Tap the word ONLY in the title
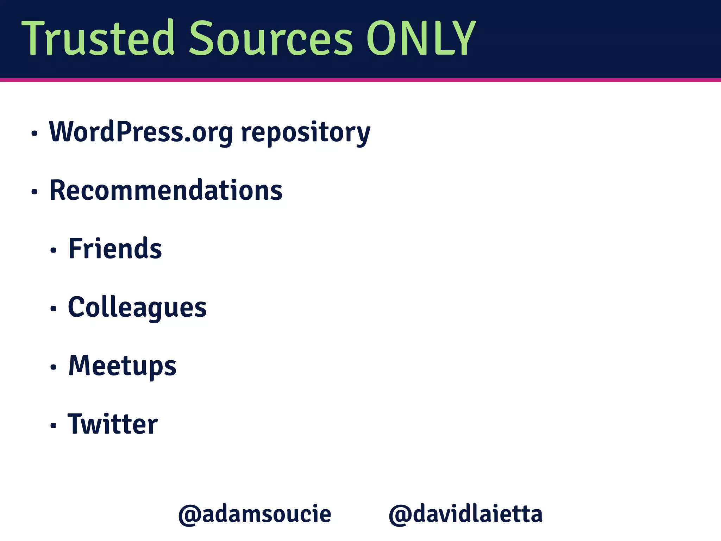(x=421, y=38)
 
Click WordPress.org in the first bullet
(x=141, y=132)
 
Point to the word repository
(x=306, y=133)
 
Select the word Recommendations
(x=166, y=190)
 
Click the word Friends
(x=115, y=249)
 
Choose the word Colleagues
(x=137, y=308)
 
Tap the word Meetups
(x=122, y=366)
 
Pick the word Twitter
(x=113, y=424)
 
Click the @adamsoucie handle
(x=255, y=514)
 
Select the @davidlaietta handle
(x=465, y=514)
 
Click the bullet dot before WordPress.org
(x=34, y=133)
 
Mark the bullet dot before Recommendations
(x=34, y=192)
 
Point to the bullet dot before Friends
(x=53, y=250)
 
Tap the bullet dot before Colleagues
(x=53, y=309)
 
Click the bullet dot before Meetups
(x=53, y=367)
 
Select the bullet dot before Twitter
(x=53, y=425)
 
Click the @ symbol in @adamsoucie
(x=189, y=515)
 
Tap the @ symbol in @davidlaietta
(x=400, y=515)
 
